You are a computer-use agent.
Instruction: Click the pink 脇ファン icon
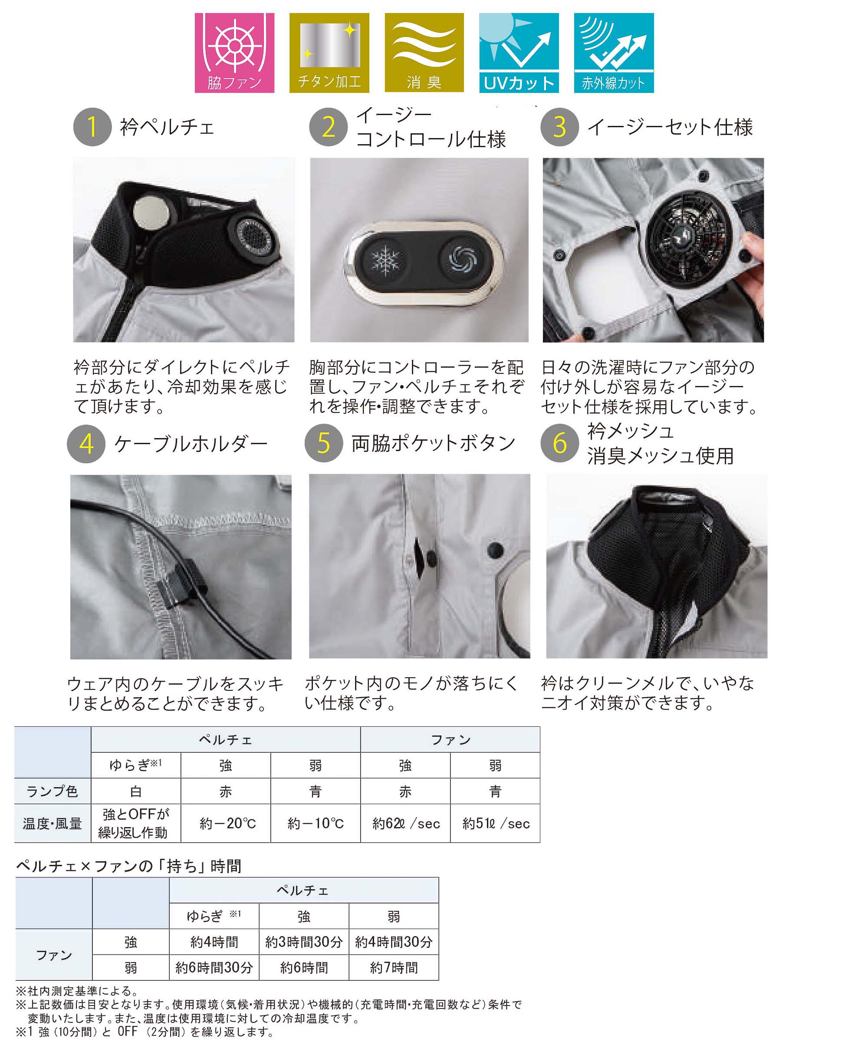234,53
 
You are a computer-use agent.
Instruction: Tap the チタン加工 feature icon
329,53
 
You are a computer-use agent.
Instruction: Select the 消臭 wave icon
424,53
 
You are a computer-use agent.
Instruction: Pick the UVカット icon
519,53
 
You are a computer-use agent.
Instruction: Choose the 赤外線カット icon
614,53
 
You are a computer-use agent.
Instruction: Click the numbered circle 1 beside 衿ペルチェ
92,127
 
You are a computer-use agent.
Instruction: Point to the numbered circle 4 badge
86,444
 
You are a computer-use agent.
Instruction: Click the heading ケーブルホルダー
191,444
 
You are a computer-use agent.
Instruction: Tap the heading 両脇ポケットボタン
434,443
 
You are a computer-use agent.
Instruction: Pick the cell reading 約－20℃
226,824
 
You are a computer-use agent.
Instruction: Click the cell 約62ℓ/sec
406,824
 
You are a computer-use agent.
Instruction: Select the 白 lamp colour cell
136,791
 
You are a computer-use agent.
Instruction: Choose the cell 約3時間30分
304,942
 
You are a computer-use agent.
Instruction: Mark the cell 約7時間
394,968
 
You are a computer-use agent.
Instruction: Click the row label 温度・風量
53,824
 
